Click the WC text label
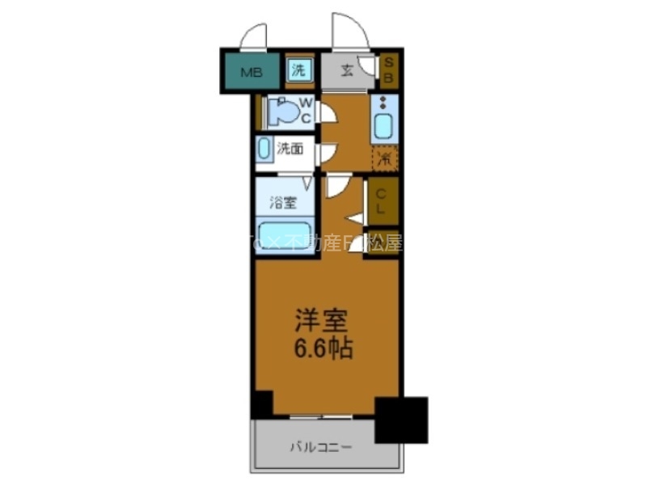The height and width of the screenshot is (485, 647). pyautogui.click(x=307, y=111)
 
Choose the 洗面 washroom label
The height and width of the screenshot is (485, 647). pyautogui.click(x=290, y=149)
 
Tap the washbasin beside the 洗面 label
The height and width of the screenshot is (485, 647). pyautogui.click(x=264, y=149)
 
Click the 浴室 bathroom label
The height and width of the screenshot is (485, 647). pyautogui.click(x=282, y=203)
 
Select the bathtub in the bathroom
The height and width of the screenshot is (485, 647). pyautogui.click(x=285, y=235)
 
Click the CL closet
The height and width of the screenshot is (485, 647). pyautogui.click(x=384, y=201)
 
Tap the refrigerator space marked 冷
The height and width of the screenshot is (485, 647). pyautogui.click(x=385, y=158)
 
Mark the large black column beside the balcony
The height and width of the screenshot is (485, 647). pyautogui.click(x=400, y=419)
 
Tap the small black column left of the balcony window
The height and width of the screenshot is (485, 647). pyautogui.click(x=261, y=403)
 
